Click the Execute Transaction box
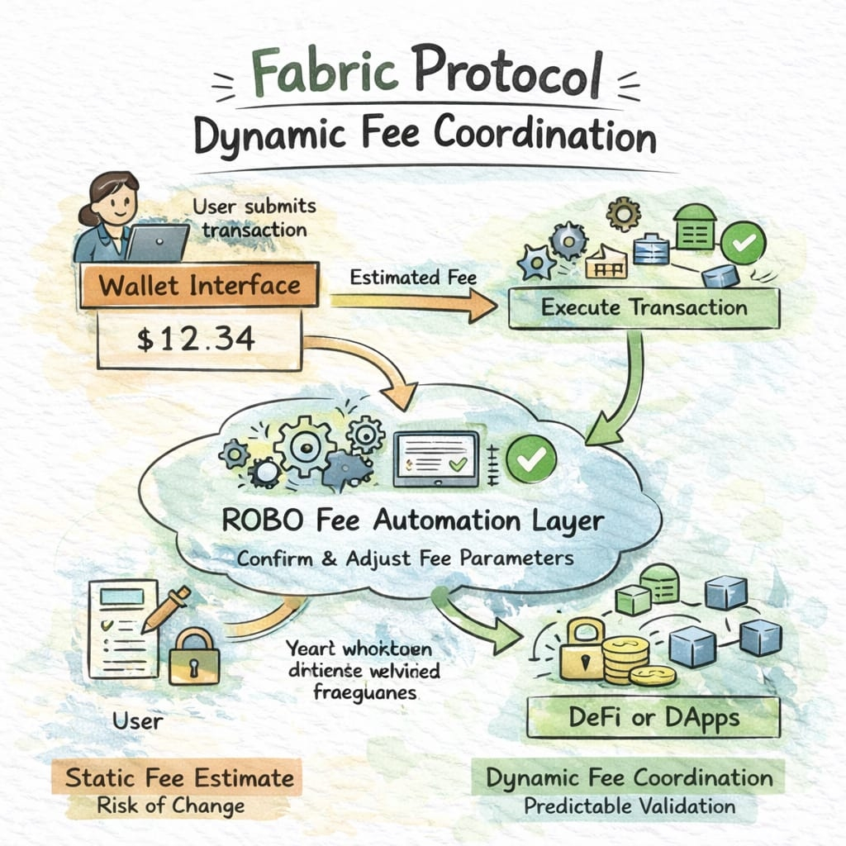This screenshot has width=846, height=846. [x=644, y=308]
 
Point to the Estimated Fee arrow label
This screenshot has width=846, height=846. [x=413, y=278]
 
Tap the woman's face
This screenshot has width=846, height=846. [x=115, y=198]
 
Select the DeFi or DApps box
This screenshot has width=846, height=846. [x=653, y=718]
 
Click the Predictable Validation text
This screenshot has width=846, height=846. [x=630, y=806]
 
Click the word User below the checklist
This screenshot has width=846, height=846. [x=138, y=720]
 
